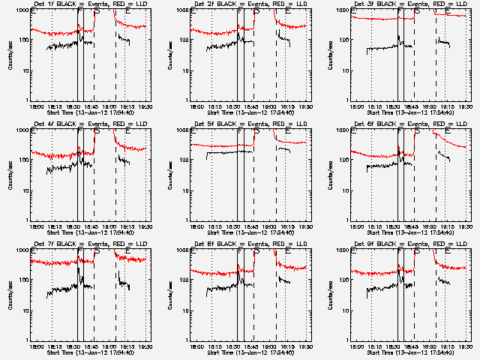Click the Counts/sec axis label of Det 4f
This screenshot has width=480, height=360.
(x=10, y=175)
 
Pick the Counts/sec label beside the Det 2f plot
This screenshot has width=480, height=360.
(x=170, y=55)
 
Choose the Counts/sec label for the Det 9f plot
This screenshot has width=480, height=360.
(x=330, y=295)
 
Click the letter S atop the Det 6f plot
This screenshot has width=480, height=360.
(x=417, y=130)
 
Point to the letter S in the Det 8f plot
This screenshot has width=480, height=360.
(x=257, y=250)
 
